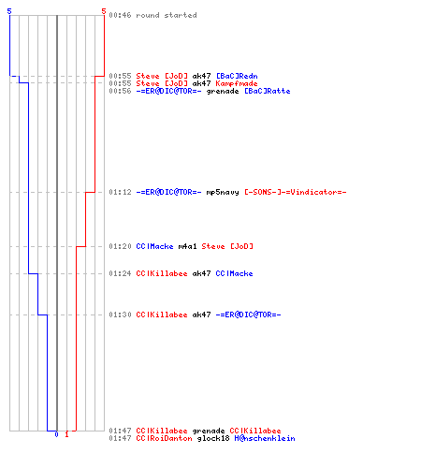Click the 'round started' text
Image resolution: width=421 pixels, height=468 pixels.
point(167,15)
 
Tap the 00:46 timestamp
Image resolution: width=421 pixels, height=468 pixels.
point(120,15)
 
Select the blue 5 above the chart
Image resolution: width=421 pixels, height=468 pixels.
point(9,11)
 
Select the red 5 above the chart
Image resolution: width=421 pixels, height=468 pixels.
point(104,11)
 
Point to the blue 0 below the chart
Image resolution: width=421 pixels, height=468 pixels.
point(56,434)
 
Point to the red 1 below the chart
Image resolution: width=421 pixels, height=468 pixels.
point(66,434)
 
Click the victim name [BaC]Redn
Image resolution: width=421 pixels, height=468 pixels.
point(237,76)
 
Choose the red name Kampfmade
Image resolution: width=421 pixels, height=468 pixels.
point(237,83)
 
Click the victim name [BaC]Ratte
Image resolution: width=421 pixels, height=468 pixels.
point(268,91)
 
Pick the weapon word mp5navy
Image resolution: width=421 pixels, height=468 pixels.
point(223,192)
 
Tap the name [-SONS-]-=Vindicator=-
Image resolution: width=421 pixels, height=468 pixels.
point(296,192)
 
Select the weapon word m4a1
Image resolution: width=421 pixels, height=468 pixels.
point(188,246)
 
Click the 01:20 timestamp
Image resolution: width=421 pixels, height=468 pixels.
point(120,246)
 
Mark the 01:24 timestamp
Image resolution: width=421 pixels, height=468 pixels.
point(120,273)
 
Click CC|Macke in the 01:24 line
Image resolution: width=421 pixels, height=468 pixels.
point(234,273)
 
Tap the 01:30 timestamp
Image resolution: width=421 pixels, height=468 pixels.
point(120,314)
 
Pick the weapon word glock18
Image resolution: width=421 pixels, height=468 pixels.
point(213,438)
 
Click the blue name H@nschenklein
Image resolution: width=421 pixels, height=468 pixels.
point(265,438)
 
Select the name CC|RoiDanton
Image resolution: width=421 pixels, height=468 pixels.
point(165,438)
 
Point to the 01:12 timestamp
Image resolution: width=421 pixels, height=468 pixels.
point(120,192)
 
